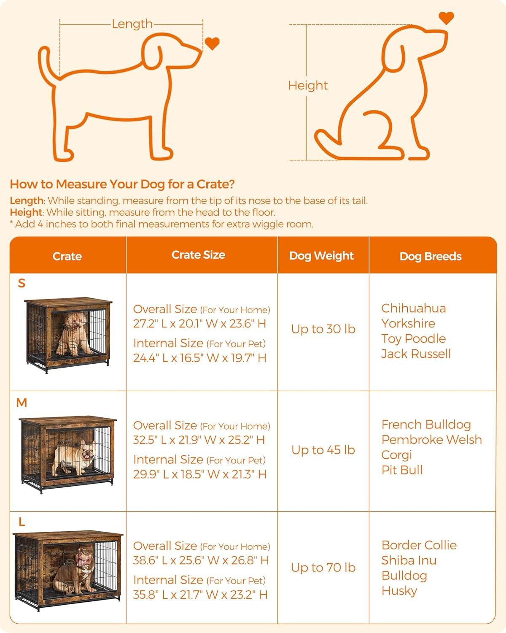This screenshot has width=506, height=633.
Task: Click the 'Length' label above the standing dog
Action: (132, 24)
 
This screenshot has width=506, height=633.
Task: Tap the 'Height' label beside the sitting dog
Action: (308, 86)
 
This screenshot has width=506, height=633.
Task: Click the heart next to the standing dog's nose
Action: (212, 43)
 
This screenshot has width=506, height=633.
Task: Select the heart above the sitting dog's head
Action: (446, 18)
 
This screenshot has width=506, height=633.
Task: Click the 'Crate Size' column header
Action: (198, 255)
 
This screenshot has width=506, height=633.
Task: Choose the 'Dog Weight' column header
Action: (321, 256)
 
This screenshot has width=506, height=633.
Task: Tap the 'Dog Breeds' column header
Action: (431, 257)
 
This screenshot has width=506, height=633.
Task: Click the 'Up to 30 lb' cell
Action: (323, 329)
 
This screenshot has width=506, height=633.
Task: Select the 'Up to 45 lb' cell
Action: (323, 450)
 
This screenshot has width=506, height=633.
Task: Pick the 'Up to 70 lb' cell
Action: (323, 568)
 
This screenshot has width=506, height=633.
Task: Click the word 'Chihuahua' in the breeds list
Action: (413, 308)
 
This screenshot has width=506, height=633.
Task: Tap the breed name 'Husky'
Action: (399, 591)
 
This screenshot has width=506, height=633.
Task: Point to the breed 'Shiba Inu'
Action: (409, 560)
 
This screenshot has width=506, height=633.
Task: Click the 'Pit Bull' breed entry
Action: (402, 470)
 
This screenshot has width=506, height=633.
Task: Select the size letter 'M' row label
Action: (22, 403)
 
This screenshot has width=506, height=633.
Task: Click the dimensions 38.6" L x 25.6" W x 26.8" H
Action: (201, 560)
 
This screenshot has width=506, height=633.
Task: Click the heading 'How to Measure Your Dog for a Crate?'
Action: (122, 184)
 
